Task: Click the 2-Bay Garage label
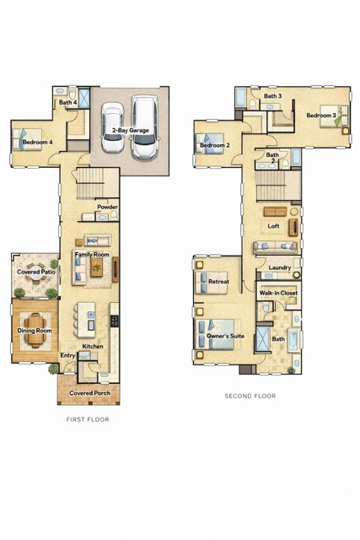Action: [131, 131]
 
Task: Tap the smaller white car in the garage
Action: [112, 127]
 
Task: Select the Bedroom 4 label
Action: [38, 142]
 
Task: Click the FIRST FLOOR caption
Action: [88, 419]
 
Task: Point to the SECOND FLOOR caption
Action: [250, 396]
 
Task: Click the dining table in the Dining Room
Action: [35, 331]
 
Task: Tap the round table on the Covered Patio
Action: [35, 273]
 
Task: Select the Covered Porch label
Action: [90, 393]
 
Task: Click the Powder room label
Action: [107, 207]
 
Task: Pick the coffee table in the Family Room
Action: [97, 267]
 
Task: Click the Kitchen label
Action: [93, 346]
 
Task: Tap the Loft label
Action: [274, 226]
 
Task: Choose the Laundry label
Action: [280, 267]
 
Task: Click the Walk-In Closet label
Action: [278, 293]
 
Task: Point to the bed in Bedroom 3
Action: [334, 116]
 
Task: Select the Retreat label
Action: [218, 281]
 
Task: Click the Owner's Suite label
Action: [225, 336]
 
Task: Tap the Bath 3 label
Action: [273, 96]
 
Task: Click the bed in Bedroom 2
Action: [210, 143]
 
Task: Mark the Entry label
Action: [67, 355]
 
